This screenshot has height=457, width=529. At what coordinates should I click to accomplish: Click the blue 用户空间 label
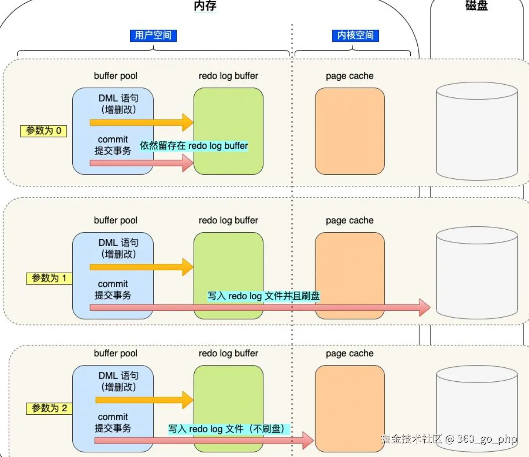[153, 35]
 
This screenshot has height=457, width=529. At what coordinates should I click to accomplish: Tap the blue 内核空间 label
[355, 35]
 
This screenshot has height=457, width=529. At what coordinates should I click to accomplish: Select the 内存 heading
[205, 6]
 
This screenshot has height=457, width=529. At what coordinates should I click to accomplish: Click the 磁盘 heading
[476, 5]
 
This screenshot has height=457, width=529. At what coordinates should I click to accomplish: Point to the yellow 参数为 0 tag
[44, 131]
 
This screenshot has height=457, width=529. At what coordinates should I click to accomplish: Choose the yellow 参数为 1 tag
[49, 278]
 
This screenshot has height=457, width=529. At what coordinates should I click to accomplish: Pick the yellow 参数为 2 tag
[49, 408]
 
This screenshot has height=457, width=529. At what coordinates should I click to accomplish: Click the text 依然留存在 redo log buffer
[194, 146]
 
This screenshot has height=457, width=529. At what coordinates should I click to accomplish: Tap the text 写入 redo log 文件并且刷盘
[263, 296]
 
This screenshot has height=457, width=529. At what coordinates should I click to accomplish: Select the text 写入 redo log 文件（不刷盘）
[229, 429]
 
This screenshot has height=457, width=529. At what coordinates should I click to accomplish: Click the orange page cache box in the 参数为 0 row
[350, 131]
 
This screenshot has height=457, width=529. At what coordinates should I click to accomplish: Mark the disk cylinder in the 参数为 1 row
[476, 275]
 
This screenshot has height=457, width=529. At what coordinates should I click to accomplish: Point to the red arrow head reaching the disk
[425, 307]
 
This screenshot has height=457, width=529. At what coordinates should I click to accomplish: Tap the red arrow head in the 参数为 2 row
[308, 441]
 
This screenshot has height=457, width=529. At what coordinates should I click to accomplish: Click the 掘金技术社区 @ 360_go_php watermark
[448, 439]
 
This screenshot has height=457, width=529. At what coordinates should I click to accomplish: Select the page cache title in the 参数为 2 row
[350, 353]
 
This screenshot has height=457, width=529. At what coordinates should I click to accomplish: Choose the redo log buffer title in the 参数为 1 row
[228, 220]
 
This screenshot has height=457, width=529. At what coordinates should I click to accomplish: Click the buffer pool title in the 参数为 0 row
[115, 76]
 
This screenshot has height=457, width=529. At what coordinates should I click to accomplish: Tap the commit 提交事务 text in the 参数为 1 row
[113, 290]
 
